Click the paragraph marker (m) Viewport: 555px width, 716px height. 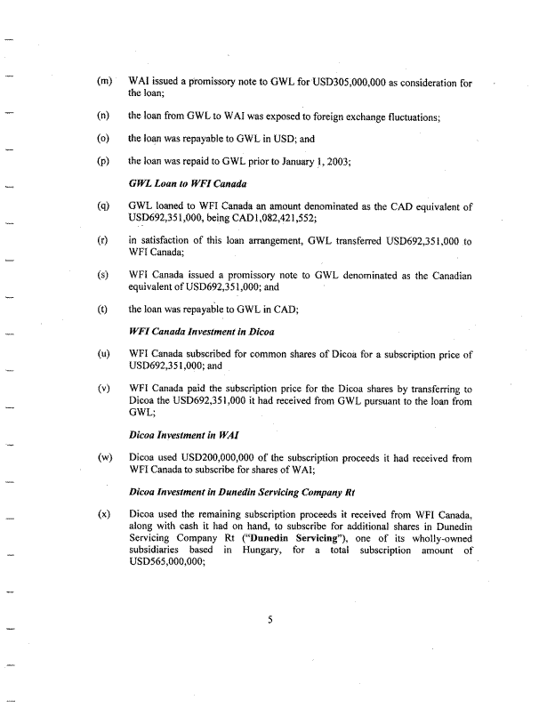coord(105,83)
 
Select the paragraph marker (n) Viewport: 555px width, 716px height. coord(104,116)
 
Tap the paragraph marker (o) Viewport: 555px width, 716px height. coord(104,139)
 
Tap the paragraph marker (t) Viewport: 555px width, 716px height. coord(104,310)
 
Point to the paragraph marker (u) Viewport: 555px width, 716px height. coord(104,354)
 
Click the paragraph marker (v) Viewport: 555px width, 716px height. coord(104,389)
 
